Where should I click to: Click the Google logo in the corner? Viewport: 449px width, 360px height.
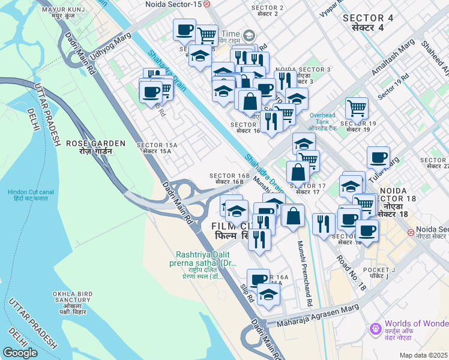point(20,352)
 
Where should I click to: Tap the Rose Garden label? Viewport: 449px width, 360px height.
point(96,147)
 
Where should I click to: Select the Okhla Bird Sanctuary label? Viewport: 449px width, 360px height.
point(71,303)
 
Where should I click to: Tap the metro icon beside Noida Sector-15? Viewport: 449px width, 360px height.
point(206,4)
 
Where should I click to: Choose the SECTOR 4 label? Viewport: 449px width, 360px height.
point(367,23)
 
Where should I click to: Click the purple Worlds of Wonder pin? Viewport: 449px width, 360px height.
point(376,328)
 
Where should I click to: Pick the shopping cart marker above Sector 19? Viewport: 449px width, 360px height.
point(357,108)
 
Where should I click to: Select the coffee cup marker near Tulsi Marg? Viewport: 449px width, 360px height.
point(378,157)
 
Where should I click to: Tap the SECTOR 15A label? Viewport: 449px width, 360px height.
point(157,148)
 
